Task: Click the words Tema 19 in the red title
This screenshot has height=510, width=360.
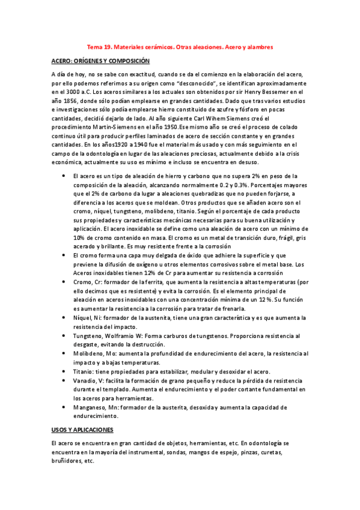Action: point(99,46)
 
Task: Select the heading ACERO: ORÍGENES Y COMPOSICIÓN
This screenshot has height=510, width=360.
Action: point(100,61)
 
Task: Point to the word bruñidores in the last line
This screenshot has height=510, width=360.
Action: point(67,462)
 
